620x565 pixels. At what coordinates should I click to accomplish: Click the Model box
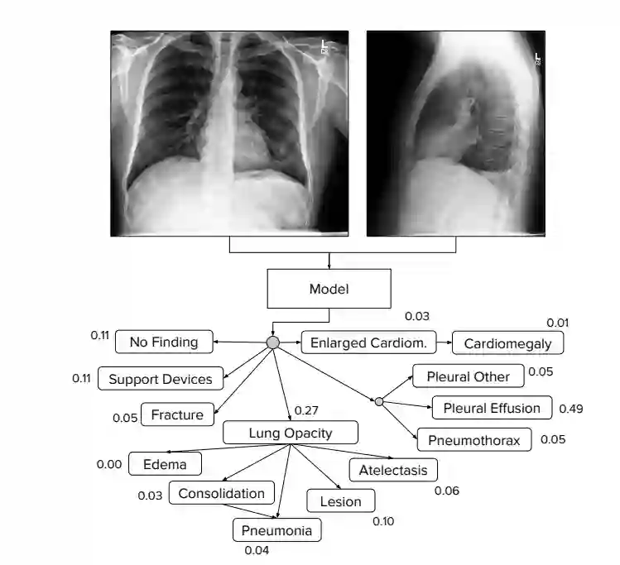coord(329,290)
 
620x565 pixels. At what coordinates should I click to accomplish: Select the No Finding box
coord(164,342)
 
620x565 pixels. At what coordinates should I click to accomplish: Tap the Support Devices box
coord(161,380)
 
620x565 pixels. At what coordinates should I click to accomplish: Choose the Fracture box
coord(177,415)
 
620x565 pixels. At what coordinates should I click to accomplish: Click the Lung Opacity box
coord(291,433)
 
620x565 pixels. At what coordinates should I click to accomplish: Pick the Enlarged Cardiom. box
coord(368,342)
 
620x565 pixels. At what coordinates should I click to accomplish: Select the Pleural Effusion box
coord(492,408)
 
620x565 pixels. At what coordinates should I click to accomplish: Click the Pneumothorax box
coord(474,440)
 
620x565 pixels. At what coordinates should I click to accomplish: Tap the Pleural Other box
coord(469,376)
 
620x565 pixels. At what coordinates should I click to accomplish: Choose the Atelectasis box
coord(393,471)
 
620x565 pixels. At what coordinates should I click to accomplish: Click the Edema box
coord(165,464)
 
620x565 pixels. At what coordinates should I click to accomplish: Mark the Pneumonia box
coord(276,530)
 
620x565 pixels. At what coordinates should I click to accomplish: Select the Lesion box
coord(341,501)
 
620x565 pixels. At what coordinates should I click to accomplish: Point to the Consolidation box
coord(222,494)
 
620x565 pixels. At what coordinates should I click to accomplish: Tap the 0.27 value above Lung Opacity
coord(307,410)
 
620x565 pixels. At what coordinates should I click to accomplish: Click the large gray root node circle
coord(273,342)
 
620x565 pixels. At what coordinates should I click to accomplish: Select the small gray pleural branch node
coord(378,401)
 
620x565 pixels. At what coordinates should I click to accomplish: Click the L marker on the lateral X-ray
coord(538,56)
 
